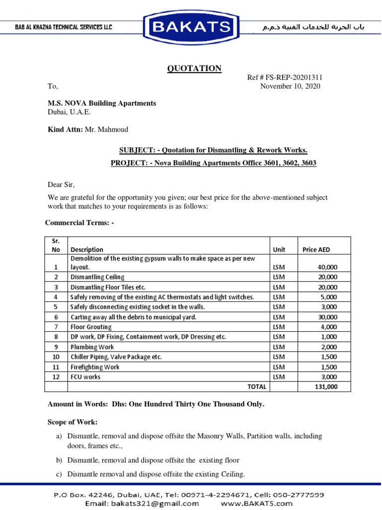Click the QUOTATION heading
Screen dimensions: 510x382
tap(194, 69)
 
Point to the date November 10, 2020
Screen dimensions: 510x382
tap(290, 86)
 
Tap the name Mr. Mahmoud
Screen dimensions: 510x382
tap(106, 129)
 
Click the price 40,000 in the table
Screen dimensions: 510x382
tap(327, 267)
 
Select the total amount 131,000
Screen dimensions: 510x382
tap(326, 386)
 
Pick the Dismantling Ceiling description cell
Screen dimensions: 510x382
tap(97, 277)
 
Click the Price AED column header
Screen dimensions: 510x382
tap(316, 250)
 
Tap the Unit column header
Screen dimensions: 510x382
tap(279, 250)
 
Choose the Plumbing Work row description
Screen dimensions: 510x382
tap(92, 347)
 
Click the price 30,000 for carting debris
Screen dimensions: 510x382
tap(327, 317)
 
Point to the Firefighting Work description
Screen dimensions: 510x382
tap(95, 367)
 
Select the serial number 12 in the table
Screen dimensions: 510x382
tap(56, 377)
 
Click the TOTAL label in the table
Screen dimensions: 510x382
tap(257, 386)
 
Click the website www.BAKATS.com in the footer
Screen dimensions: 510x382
tap(257, 503)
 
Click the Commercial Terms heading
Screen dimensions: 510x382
tap(80, 222)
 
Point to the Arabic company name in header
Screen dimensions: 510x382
tap(313, 27)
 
